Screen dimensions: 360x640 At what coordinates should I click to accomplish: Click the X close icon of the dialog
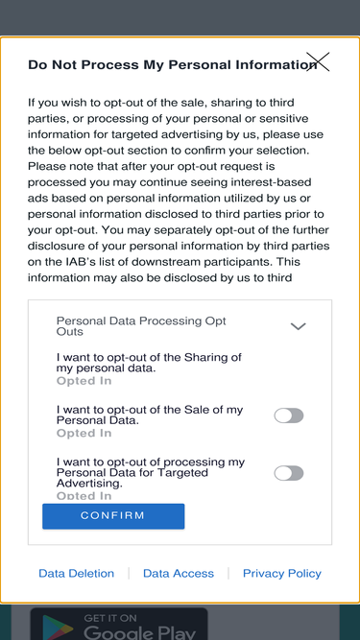(318, 61)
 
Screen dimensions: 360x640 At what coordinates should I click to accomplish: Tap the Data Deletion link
(77, 574)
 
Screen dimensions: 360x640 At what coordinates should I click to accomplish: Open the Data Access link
(179, 574)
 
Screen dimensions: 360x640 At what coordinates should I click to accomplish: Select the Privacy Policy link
(282, 574)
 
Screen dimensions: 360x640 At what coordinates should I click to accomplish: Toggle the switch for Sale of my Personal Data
(289, 415)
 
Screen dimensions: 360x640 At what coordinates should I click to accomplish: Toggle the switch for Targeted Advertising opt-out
(289, 473)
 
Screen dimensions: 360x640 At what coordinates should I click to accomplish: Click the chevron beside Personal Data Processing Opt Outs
(298, 326)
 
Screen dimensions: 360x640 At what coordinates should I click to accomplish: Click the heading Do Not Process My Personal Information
(172, 65)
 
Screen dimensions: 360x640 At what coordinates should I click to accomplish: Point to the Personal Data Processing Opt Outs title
(141, 326)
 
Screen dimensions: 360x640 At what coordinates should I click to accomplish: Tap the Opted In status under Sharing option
(84, 381)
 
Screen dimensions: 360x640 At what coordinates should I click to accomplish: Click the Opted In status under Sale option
(84, 433)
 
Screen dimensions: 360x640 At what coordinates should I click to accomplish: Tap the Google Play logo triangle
(58, 628)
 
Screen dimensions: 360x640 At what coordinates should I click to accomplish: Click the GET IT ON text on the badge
(110, 618)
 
